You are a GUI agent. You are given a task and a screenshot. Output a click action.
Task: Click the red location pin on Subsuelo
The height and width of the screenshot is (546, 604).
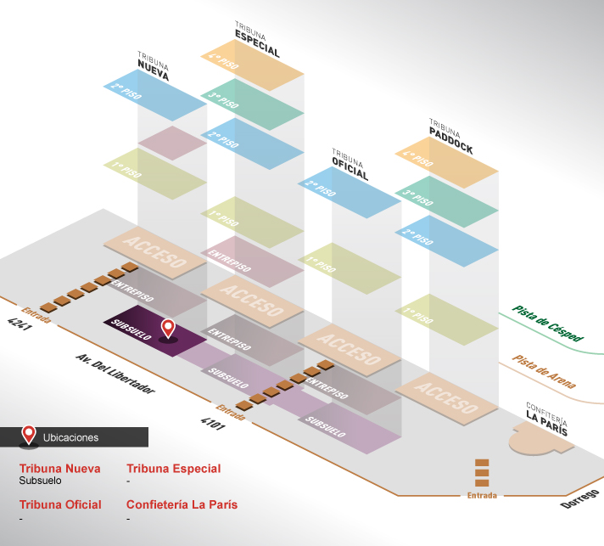point(168,329)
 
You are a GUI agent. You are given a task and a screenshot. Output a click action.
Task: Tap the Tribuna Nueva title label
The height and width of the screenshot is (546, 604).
point(154,66)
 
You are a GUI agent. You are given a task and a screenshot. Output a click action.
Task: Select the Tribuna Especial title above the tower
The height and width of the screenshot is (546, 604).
point(257,39)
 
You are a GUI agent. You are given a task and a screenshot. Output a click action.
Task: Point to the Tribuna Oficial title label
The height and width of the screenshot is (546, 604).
point(350,164)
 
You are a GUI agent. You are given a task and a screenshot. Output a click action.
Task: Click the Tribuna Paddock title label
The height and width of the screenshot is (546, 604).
point(451,137)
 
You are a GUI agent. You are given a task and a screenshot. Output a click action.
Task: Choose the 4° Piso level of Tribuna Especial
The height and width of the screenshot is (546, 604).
point(252,65)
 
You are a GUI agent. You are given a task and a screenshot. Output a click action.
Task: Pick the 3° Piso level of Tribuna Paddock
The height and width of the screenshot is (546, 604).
point(447,201)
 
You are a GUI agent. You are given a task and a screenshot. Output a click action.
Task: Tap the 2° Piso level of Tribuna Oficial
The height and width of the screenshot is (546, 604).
point(350,193)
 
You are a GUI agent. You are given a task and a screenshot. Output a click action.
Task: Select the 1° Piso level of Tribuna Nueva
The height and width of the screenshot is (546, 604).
point(155,173)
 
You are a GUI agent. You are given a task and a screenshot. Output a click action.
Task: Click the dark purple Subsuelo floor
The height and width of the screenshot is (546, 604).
point(155,331)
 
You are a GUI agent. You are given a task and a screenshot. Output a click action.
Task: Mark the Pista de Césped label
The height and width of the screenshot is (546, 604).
point(548,324)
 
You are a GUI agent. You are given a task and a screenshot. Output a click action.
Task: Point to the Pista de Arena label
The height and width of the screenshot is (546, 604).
point(544,372)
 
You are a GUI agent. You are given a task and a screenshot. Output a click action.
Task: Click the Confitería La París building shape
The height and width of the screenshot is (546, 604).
point(540,439)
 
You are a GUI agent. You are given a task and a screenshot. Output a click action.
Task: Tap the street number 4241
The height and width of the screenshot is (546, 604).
point(20,324)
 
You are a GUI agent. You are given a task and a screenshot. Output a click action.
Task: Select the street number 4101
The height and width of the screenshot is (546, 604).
point(213,424)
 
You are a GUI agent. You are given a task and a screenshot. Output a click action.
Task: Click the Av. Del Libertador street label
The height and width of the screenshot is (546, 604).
point(115,374)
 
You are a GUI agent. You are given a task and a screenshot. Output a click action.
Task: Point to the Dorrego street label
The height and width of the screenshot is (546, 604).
point(580,499)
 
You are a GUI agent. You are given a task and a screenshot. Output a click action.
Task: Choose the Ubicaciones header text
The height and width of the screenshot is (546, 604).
point(71,437)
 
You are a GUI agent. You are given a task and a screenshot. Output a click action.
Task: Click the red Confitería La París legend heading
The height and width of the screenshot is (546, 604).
point(182,504)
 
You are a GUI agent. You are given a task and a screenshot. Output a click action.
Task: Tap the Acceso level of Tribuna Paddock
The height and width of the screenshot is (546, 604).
point(447,398)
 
